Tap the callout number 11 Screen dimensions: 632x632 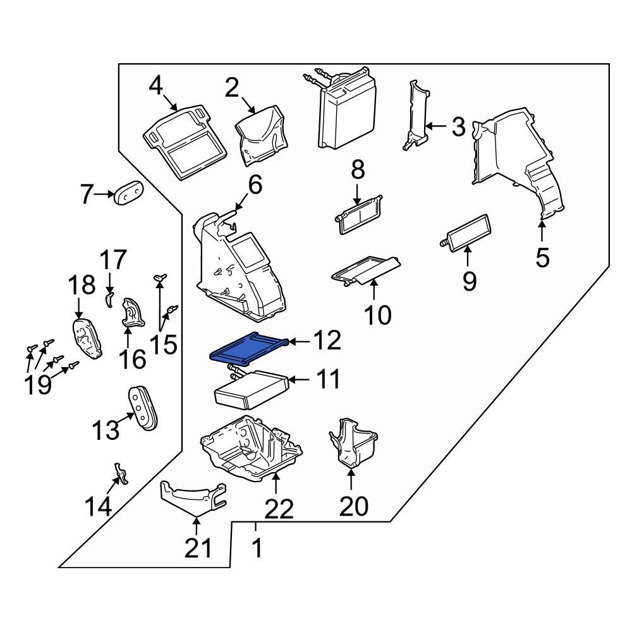[x=325, y=379]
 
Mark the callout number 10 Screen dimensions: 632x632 [x=378, y=314]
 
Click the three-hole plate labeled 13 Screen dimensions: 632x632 [x=142, y=408]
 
